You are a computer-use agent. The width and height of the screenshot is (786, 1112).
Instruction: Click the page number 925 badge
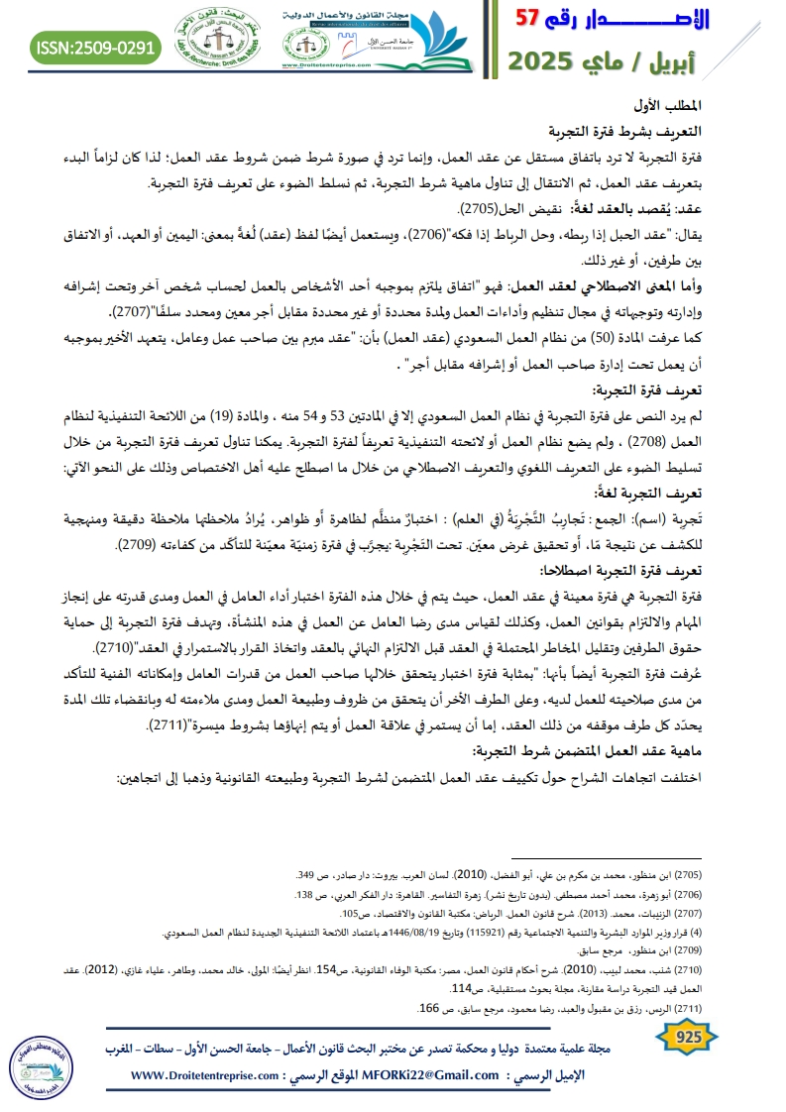687,1037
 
